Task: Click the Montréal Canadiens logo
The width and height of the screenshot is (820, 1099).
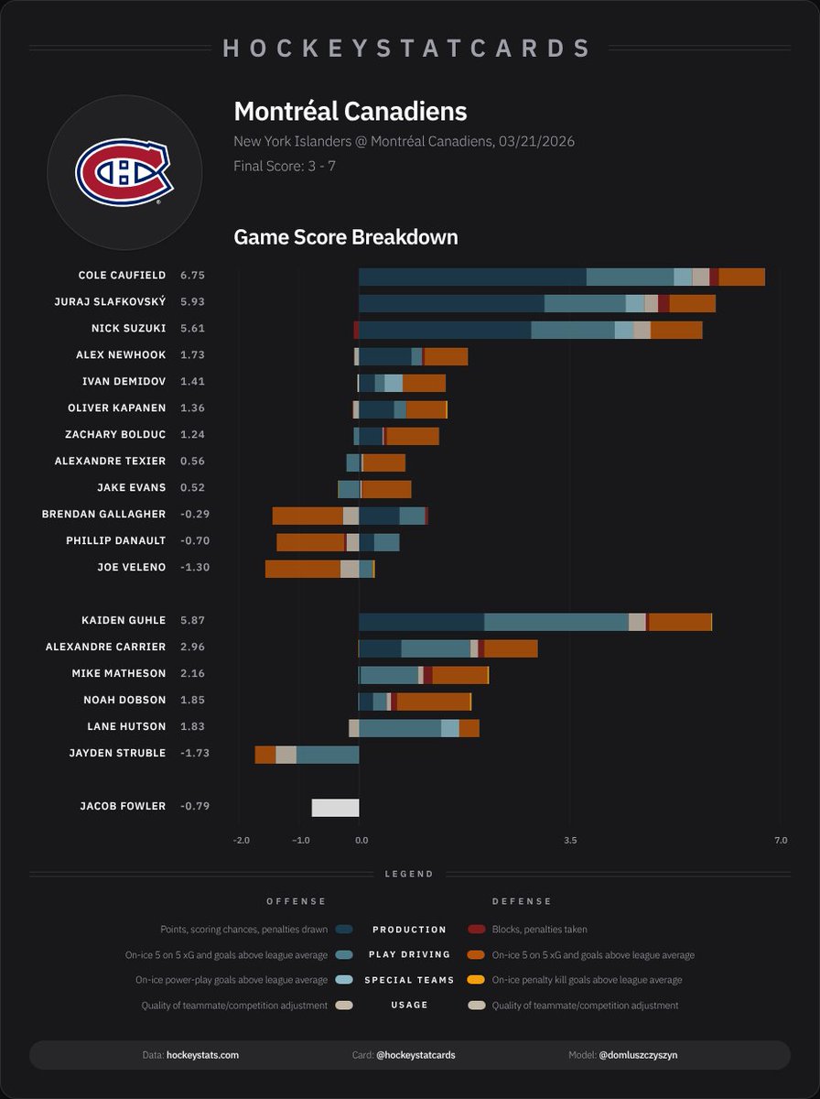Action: coord(124,172)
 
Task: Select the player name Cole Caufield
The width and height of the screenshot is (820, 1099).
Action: coord(123,275)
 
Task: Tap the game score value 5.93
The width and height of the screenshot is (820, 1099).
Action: coord(193,301)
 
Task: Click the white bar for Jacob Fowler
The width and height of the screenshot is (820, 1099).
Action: coord(335,807)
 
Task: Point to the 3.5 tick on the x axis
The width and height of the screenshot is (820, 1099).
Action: coord(570,840)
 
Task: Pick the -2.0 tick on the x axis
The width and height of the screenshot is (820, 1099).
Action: coord(241,840)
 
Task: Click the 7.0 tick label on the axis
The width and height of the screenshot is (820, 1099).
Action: coord(780,840)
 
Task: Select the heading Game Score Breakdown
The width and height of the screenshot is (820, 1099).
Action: coord(346,237)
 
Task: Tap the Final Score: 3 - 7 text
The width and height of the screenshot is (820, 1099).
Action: coord(285,166)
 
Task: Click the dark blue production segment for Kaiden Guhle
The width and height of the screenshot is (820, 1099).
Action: coord(421,621)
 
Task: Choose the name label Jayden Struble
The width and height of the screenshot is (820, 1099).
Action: coord(117,753)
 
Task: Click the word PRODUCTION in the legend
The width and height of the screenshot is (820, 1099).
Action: coord(409,929)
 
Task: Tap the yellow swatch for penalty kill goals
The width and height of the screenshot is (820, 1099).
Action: coord(476,980)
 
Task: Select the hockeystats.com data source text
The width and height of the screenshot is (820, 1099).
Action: coord(202,1055)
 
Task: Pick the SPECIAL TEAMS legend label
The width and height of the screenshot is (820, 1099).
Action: coord(409,980)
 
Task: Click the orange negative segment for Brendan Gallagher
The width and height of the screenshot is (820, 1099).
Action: coord(307,516)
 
